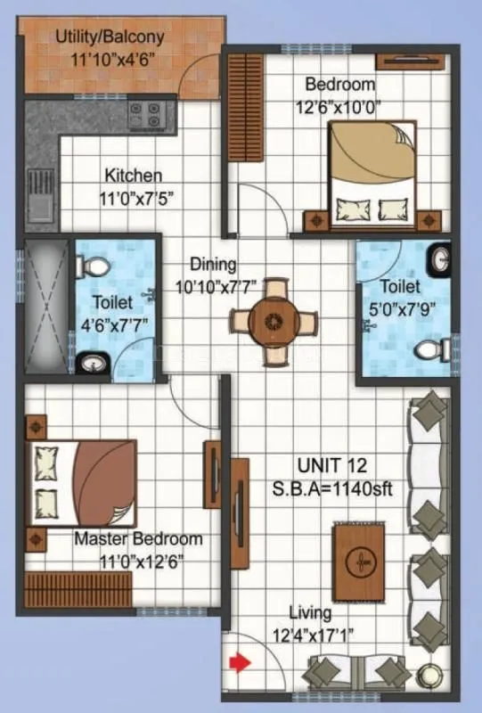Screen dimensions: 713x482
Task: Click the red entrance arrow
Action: (239, 662)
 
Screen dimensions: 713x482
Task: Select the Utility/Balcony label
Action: (110, 37)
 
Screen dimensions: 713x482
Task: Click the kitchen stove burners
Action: (148, 114)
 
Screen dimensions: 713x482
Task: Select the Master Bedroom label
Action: (138, 539)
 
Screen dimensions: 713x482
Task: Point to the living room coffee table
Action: (360, 561)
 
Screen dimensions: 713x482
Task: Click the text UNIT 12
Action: (332, 465)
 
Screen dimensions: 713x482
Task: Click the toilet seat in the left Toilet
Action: (94, 266)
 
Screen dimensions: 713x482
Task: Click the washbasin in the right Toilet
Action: (440, 259)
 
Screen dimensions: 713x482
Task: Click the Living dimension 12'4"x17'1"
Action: (311, 635)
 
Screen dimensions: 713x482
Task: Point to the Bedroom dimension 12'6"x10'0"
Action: (340, 104)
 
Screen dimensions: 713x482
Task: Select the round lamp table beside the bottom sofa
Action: (435, 675)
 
